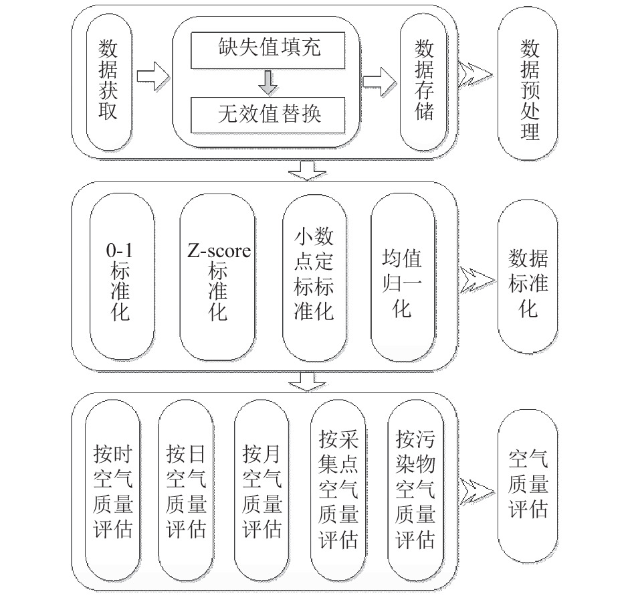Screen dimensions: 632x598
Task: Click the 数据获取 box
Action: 109,82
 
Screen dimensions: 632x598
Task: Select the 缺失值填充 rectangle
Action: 268,50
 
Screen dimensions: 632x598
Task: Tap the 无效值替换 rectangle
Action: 268,115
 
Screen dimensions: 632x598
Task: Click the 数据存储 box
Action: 423,82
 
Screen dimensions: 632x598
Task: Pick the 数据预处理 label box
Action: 528,83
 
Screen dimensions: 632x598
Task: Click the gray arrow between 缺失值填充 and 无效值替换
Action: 268,83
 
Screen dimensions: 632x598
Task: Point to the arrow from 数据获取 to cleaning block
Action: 152,76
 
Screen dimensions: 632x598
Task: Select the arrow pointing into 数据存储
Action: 379,82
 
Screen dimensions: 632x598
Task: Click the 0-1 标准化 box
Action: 122,277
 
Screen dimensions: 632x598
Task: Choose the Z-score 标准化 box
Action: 217,277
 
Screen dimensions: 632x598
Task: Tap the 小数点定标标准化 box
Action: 314,278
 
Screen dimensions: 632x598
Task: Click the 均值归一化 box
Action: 403,278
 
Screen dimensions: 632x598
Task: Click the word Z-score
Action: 219,251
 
